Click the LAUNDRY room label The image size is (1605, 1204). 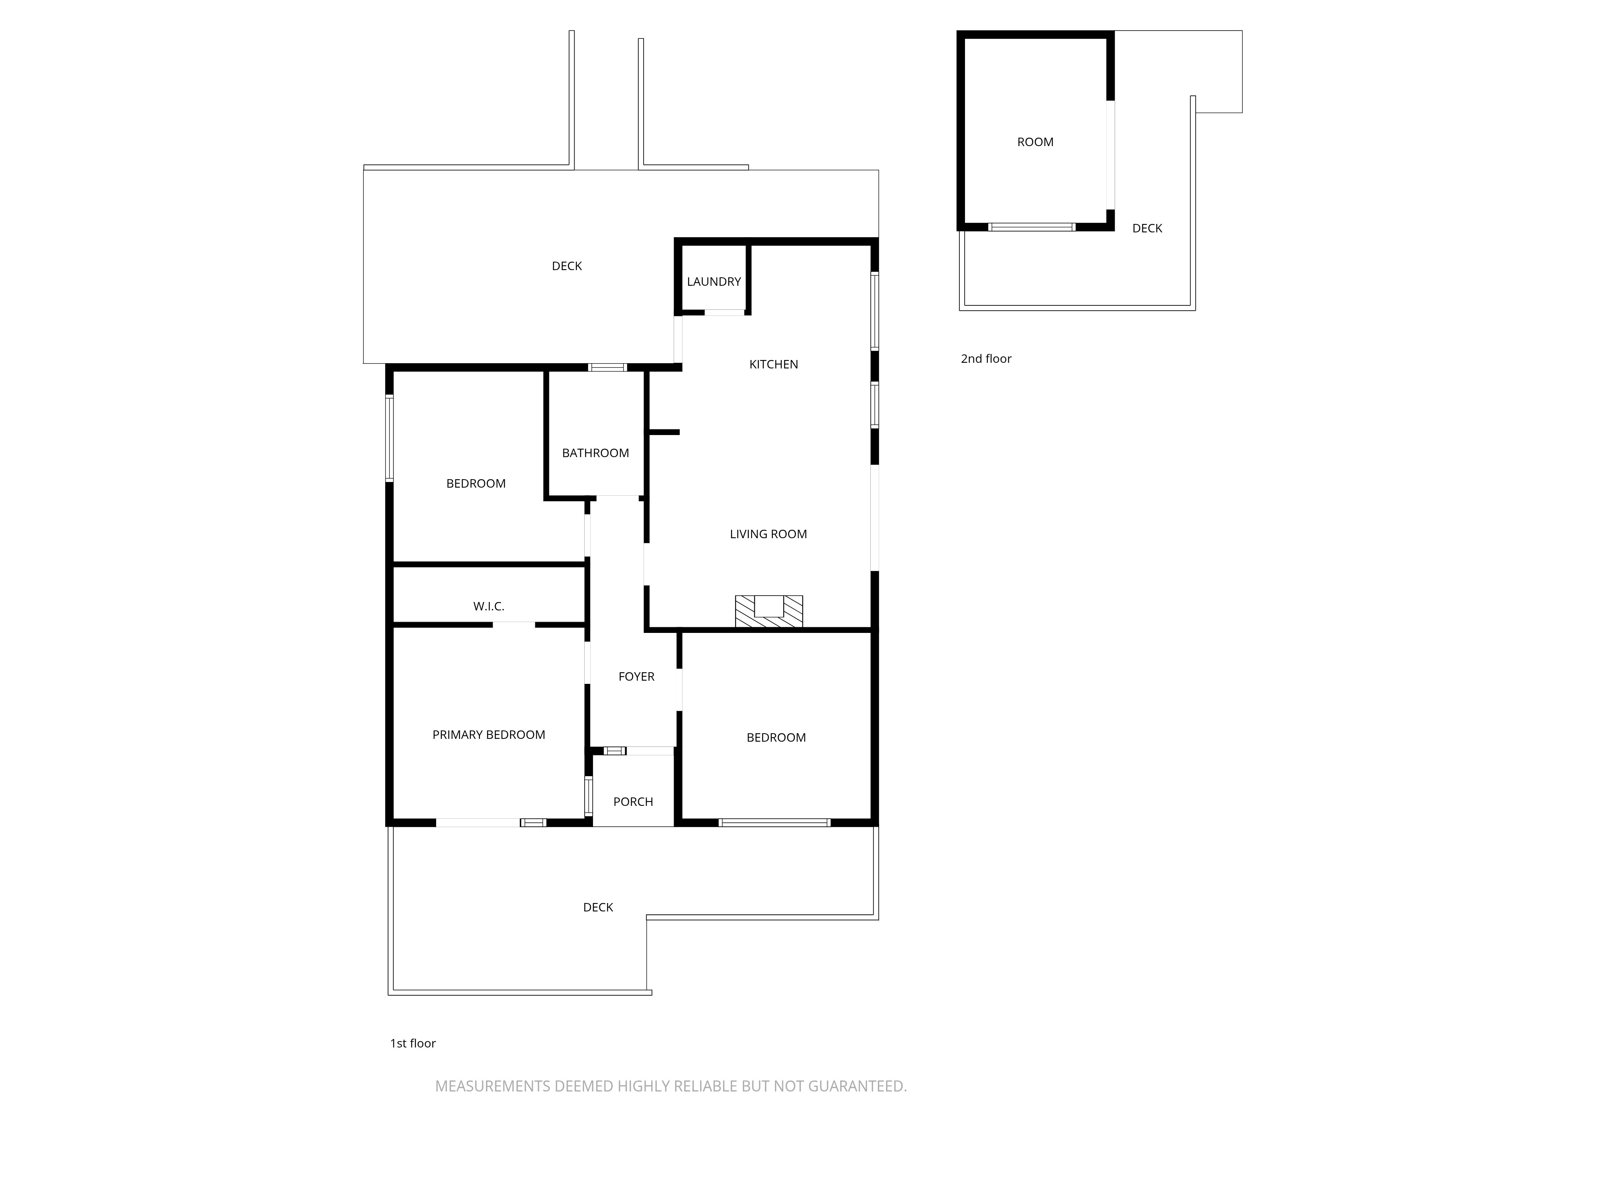714,282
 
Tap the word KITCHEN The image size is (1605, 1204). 774,364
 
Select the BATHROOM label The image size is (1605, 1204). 595,453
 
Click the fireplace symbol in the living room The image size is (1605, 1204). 769,611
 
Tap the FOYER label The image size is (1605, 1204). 636,676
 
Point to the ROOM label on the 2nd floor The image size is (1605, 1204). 1035,142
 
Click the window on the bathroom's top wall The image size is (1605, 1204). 607,367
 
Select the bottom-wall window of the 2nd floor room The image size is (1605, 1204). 1032,227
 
